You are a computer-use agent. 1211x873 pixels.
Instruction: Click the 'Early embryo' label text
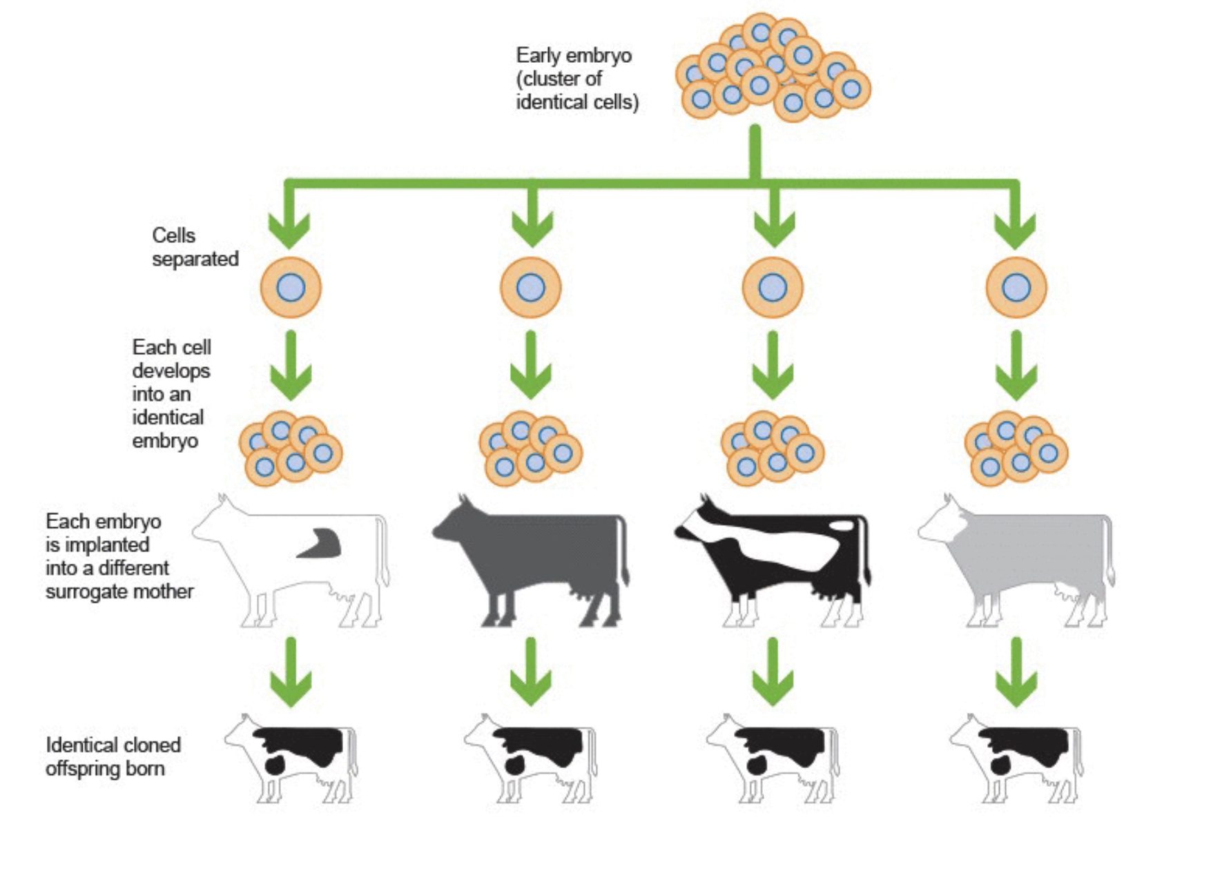[573, 55]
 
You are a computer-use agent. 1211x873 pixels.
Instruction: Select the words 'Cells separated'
[195, 247]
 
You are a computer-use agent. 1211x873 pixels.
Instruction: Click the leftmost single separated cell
[291, 288]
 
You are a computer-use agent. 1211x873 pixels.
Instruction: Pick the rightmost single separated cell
[1016, 288]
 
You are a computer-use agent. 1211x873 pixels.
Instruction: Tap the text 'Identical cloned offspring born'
[113, 757]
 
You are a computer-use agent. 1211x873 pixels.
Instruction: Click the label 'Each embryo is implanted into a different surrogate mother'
[119, 556]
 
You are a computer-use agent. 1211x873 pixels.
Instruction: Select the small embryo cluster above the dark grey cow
[530, 449]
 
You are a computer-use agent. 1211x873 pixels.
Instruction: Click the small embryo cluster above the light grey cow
[1016, 449]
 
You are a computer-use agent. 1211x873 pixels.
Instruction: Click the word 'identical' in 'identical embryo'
[168, 418]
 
